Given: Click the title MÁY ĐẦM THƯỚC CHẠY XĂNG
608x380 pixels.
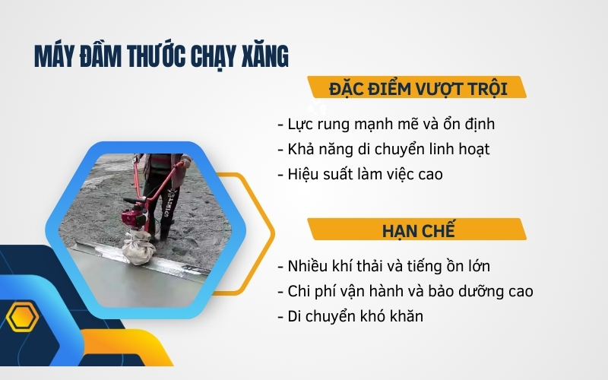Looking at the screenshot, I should [x=161, y=58].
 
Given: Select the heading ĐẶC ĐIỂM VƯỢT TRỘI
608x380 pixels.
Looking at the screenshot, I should [x=418, y=88].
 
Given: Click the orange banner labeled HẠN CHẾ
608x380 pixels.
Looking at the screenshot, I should [x=417, y=230].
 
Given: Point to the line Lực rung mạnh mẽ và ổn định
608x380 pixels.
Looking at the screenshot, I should [x=388, y=124].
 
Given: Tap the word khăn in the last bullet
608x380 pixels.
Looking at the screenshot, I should [x=404, y=316].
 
